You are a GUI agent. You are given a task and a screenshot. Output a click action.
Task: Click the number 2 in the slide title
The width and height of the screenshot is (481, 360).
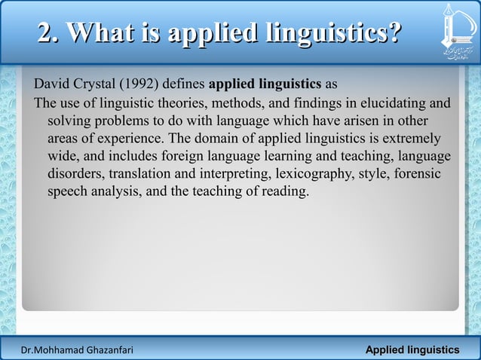click(47, 33)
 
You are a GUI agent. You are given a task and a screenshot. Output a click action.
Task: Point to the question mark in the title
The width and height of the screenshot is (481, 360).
click(392, 33)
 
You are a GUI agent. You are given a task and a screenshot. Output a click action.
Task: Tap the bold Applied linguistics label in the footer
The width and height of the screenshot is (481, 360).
click(412, 350)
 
